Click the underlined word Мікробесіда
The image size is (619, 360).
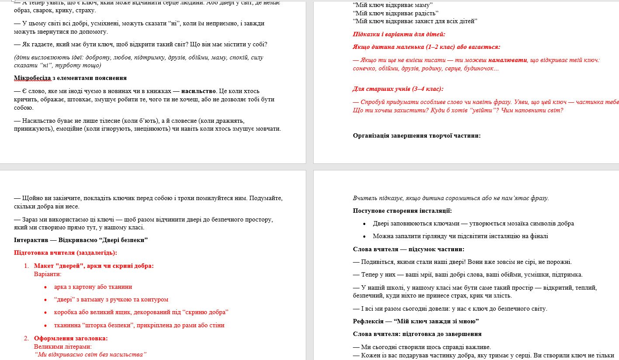tap(33, 78)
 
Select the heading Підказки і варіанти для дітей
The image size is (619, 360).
tap(399, 34)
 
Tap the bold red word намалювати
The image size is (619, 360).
tap(508, 60)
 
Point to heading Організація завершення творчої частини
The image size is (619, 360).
tap(417, 135)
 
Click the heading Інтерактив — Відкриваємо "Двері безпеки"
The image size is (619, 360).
tap(81, 240)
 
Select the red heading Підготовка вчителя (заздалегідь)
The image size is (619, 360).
tap(66, 253)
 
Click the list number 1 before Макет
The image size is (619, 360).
tap(26, 266)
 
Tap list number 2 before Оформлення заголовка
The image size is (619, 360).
tap(26, 338)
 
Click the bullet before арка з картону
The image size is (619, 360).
tap(45, 287)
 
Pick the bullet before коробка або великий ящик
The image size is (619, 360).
tap(45, 312)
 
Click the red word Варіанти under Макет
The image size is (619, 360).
tap(48, 274)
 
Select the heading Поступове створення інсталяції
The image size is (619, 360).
tap(402, 211)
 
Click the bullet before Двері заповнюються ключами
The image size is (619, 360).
tap(364, 224)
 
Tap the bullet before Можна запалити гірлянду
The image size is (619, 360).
tap(364, 236)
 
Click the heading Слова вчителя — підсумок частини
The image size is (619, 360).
tap(408, 249)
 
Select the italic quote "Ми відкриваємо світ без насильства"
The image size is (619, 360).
tap(90, 354)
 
